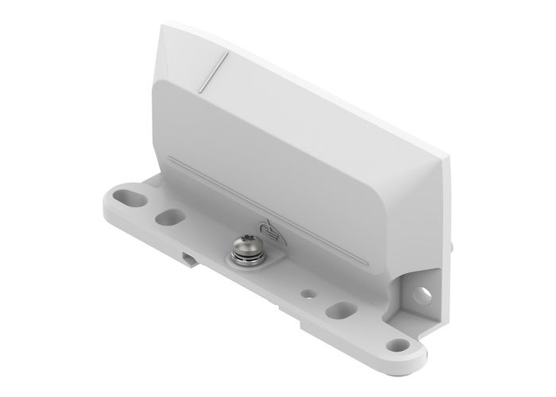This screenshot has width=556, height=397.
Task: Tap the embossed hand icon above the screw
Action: [x=272, y=229]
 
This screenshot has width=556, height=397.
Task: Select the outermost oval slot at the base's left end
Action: [x=129, y=195]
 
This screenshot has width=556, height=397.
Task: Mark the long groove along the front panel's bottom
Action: [x=270, y=214]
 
